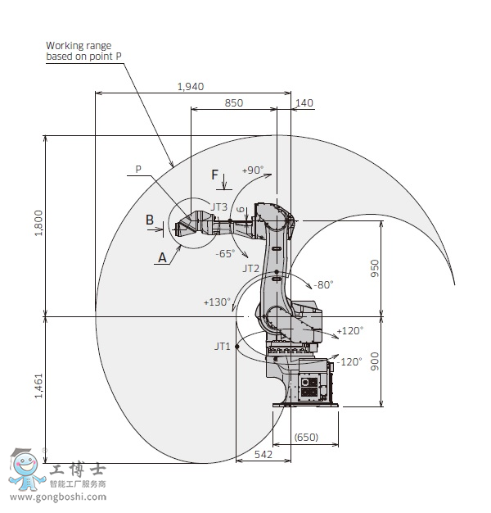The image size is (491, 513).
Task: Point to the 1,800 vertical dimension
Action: pos(38,223)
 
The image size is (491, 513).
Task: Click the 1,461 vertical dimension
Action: pos(38,384)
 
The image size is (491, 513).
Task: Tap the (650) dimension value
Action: pos(306,438)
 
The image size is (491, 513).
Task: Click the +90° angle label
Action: pos(253,170)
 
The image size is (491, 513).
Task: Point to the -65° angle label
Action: pos(226,253)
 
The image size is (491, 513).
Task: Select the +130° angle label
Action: pos(217,302)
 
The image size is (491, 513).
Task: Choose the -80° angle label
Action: pos(322,285)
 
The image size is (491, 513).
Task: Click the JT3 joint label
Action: pos(219,207)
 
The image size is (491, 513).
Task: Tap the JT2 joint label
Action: pos(251,268)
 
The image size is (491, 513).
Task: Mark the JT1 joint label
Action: pos(222,347)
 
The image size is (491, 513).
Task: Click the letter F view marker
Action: pos(215,175)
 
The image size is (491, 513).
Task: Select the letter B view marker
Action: pos(150,219)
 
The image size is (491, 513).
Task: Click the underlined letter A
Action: pos(162,256)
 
